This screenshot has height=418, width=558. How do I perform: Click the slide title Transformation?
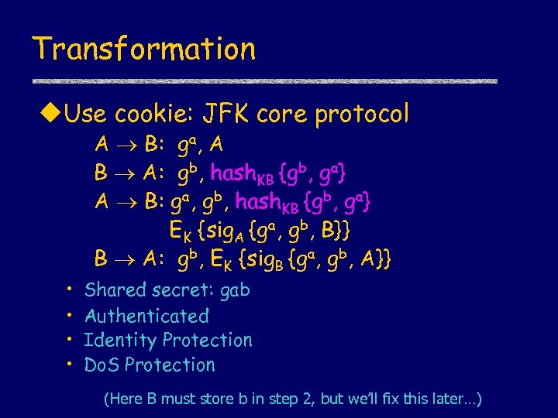point(144,49)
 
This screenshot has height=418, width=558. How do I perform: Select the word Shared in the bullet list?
point(115,290)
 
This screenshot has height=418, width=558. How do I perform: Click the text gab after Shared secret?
point(235,291)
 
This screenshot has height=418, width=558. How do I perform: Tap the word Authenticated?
point(147,316)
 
